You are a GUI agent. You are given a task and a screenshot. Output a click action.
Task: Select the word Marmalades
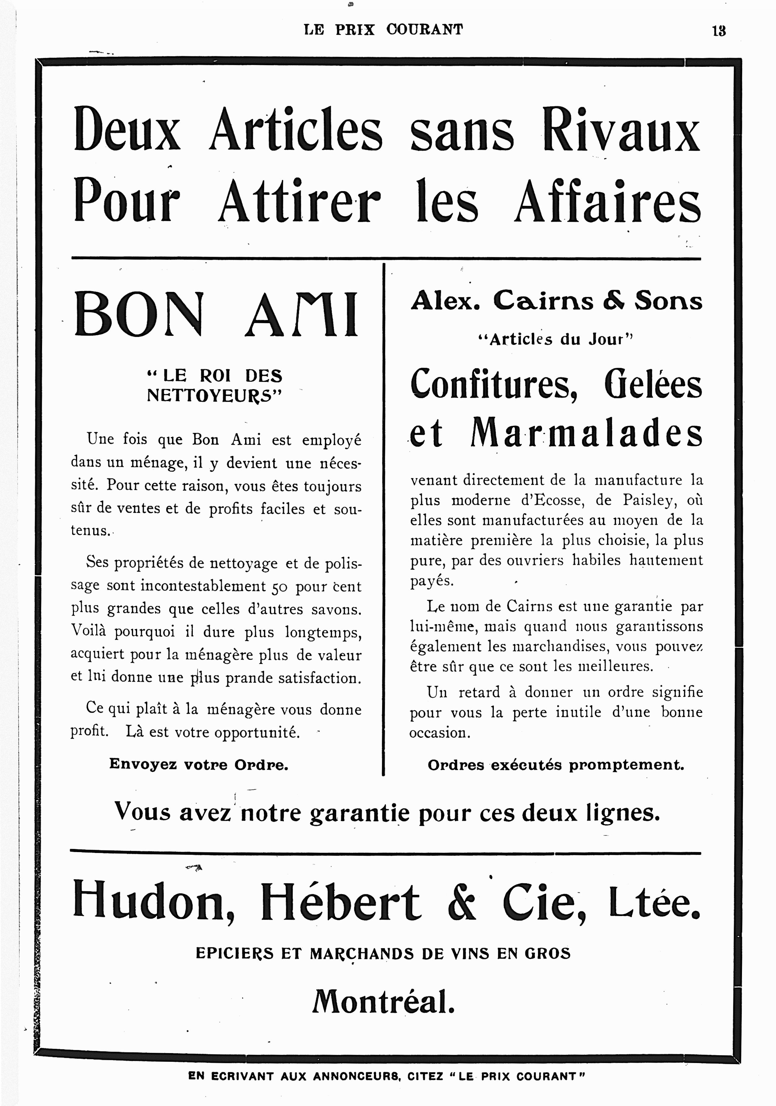(x=586, y=432)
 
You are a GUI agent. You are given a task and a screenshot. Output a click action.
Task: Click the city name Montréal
(x=383, y=1002)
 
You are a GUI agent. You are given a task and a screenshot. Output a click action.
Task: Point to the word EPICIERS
(x=235, y=953)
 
